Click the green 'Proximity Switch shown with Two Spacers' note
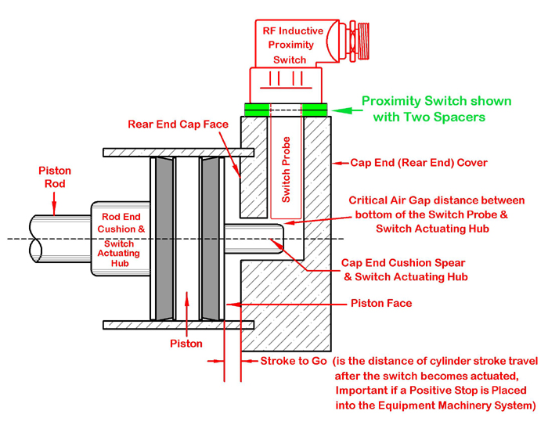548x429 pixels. pos(435,109)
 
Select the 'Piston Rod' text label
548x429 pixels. pos(54,177)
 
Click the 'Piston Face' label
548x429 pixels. pos(380,303)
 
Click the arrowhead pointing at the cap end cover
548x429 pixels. pos(338,164)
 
